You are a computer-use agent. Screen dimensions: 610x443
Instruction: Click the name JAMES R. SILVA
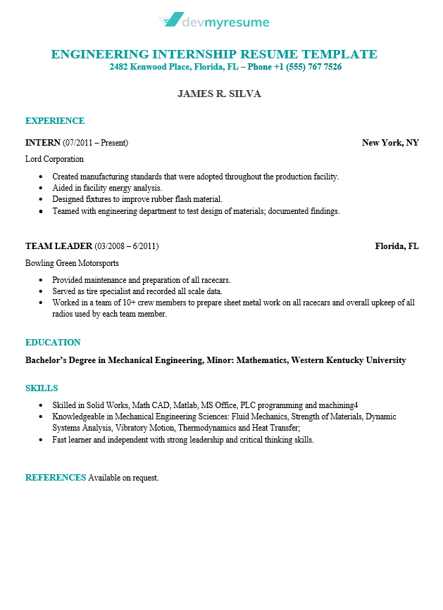[x=219, y=94]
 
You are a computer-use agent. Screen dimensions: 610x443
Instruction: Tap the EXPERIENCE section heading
[x=55, y=121]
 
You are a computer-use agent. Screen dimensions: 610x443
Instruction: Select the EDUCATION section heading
[x=53, y=343]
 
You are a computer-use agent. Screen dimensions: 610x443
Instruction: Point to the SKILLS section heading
[x=42, y=388]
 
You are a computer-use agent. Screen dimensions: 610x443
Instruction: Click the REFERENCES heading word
[x=56, y=478]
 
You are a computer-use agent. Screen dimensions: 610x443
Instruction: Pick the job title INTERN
[x=43, y=143]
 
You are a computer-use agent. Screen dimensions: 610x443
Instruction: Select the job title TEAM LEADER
[x=58, y=246]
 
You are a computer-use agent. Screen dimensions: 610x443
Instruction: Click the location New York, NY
[x=390, y=143]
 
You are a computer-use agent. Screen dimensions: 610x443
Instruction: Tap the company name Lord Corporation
[x=54, y=159]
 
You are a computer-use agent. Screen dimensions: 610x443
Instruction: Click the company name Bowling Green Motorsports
[x=72, y=263]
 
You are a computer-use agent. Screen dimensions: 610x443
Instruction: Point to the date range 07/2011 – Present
[x=96, y=143]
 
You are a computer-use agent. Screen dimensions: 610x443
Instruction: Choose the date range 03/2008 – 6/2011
[x=127, y=246]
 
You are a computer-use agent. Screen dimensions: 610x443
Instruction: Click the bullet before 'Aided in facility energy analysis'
[x=42, y=188]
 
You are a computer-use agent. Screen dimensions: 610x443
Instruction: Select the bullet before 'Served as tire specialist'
[x=42, y=291]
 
